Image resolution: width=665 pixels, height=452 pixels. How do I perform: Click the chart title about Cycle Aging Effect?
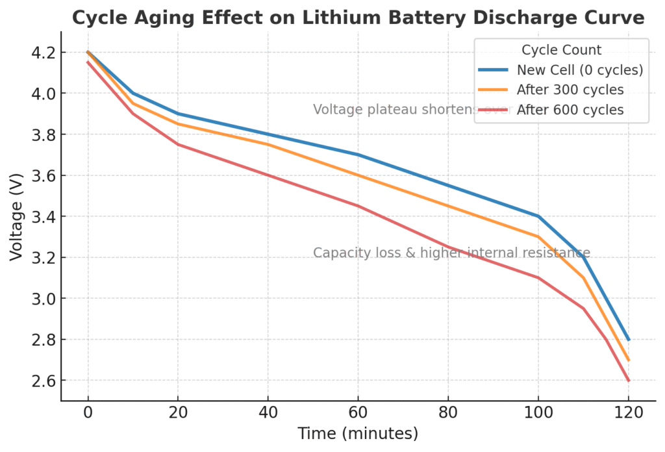pyautogui.click(x=358, y=18)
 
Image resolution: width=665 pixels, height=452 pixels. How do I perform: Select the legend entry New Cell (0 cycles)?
pyautogui.click(x=579, y=69)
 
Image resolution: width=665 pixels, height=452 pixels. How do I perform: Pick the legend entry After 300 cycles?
pyautogui.click(x=570, y=90)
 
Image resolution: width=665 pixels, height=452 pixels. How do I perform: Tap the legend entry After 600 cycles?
pyautogui.click(x=570, y=110)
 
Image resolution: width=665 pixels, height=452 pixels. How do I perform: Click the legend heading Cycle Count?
pyautogui.click(x=561, y=50)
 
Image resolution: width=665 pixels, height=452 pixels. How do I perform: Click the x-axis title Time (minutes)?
pyautogui.click(x=358, y=434)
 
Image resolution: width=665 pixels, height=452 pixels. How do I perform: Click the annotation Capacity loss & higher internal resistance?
pyautogui.click(x=451, y=253)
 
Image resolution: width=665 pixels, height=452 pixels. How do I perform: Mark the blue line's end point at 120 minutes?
pyautogui.click(x=628, y=339)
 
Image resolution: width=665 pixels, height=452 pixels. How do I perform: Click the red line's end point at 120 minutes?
pyautogui.click(x=628, y=380)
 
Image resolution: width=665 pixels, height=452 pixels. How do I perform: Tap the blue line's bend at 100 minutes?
pyautogui.click(x=538, y=216)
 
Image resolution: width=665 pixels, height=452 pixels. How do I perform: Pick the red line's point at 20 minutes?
pyautogui.click(x=178, y=144)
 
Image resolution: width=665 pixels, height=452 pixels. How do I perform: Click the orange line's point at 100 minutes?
pyautogui.click(x=538, y=236)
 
